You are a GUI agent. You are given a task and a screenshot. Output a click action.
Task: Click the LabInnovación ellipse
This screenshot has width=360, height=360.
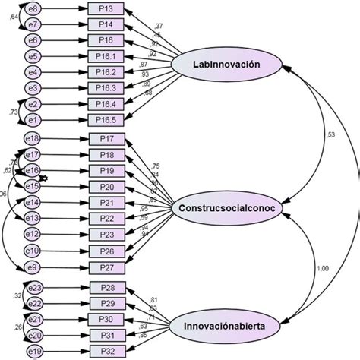(226, 65)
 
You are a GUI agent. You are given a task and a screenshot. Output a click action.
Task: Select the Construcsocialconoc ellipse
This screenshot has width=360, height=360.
(226, 207)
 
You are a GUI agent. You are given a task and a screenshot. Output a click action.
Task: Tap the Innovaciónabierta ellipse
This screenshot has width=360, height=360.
(226, 326)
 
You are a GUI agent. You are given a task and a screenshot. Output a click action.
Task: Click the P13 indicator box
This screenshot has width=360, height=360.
(106, 9)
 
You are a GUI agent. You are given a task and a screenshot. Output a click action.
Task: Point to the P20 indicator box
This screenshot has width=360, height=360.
(106, 187)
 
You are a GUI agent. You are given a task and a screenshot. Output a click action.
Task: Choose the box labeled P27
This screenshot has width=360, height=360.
(106, 267)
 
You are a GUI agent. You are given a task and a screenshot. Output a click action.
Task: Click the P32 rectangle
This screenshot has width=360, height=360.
(106, 351)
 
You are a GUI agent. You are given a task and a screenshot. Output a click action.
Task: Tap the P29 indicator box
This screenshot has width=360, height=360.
(106, 303)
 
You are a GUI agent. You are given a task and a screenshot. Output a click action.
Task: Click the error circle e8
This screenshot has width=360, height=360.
(33, 9)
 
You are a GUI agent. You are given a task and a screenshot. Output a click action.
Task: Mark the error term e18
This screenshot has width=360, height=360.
(33, 139)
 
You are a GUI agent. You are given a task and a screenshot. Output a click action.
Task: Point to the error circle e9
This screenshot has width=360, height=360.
(33, 267)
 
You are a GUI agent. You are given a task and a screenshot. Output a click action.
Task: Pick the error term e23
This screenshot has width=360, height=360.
(33, 287)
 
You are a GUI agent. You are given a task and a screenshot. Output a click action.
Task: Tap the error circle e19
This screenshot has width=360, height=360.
(33, 351)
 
